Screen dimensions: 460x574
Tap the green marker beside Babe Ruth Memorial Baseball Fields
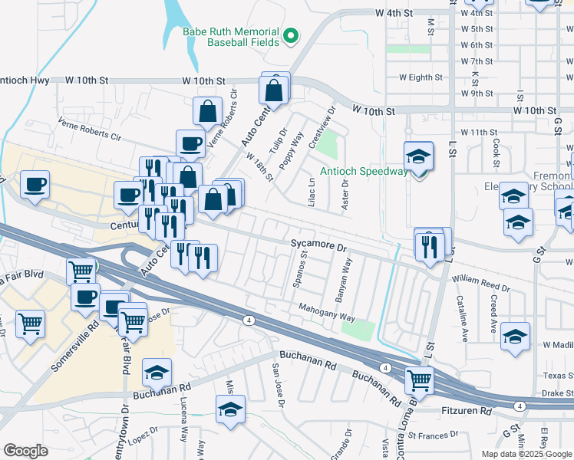pyautogui.click(x=291, y=34)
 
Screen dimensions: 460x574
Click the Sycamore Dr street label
pyautogui.click(x=320, y=248)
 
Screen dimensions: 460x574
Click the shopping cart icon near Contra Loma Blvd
pyautogui.click(x=419, y=379)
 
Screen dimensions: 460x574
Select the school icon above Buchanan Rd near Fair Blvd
pyautogui.click(x=157, y=373)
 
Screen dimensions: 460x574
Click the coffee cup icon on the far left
pyautogui.click(x=35, y=184)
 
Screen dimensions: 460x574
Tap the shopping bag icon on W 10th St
pyautogui.click(x=274, y=89)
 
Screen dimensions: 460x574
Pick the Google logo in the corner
pyautogui.click(x=25, y=451)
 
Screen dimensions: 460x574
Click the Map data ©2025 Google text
pyautogui.click(x=526, y=454)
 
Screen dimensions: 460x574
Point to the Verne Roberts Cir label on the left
pyautogui.click(x=91, y=130)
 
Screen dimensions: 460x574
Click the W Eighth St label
pyautogui.click(x=421, y=77)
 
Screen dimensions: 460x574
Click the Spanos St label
pyautogui.click(x=300, y=269)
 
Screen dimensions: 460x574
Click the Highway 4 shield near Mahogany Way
pyautogui.click(x=249, y=320)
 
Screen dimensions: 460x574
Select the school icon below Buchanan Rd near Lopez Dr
pyautogui.click(x=229, y=409)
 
